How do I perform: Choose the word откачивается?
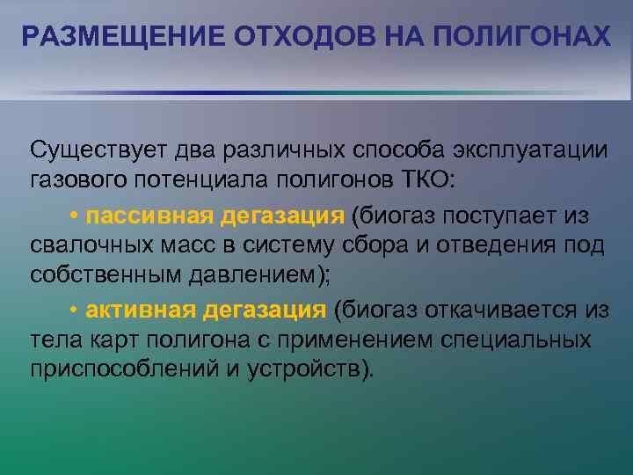(518, 310)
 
